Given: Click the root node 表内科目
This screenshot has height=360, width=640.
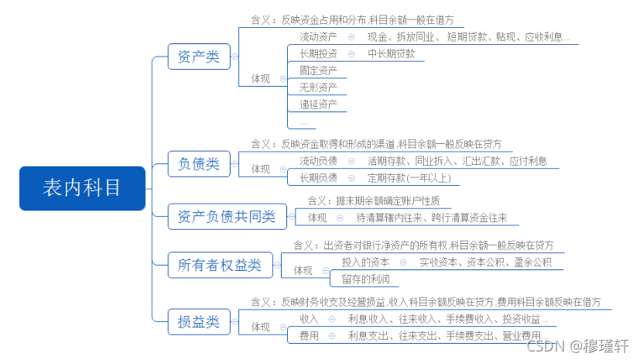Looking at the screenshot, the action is click(83, 188).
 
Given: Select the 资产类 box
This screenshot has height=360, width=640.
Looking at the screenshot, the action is click(199, 57).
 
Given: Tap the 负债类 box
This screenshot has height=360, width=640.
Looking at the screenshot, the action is click(199, 164).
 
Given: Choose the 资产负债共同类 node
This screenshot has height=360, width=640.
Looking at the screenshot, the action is click(228, 216).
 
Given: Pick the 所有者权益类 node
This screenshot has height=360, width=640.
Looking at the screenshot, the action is click(220, 266).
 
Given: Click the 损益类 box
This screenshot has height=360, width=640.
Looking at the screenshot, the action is click(199, 322).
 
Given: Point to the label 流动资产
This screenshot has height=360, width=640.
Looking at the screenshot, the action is click(318, 37).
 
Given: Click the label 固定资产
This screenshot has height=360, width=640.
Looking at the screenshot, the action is click(318, 70).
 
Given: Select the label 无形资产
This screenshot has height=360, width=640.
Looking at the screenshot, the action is click(318, 87).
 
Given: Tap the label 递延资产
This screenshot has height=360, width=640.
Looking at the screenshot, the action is click(318, 105).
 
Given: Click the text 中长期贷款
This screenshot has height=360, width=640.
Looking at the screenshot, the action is click(391, 54).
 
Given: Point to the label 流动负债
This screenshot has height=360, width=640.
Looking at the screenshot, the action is click(318, 161).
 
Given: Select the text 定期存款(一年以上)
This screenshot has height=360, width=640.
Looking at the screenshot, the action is click(409, 178).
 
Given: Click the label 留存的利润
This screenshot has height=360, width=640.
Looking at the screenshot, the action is click(365, 279).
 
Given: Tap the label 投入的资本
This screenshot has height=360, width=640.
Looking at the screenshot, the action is click(365, 262).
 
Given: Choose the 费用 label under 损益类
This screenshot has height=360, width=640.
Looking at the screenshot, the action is click(309, 336).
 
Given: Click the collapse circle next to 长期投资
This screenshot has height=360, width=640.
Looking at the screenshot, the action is click(351, 54).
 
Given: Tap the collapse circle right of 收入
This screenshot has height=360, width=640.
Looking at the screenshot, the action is click(332, 319).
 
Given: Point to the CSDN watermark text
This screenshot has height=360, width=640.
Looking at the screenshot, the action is click(577, 346).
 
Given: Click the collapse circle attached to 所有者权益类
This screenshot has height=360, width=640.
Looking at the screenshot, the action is click(277, 266).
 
